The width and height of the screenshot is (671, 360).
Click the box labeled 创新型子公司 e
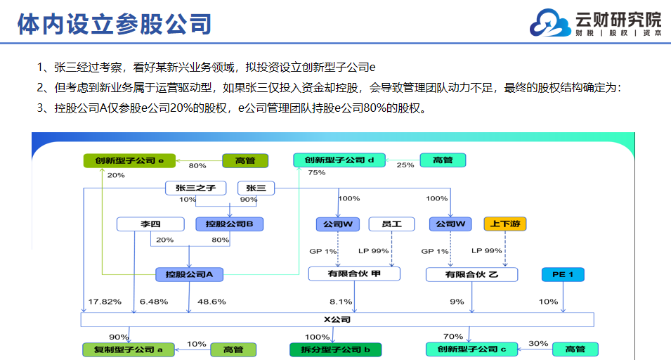pos(129,160)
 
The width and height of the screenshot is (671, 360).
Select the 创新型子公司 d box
pos(339,160)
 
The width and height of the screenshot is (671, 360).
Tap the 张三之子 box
pos(195,188)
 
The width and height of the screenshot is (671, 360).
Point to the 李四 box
pos(150,224)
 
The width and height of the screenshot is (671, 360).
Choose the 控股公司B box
pos(229,224)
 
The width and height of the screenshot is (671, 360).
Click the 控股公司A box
pos(189,274)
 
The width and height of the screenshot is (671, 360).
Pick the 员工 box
pos(391,224)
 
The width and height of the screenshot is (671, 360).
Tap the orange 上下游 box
pos(505,224)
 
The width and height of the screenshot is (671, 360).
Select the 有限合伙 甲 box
pos(354,274)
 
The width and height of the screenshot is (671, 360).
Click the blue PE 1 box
pos(563,274)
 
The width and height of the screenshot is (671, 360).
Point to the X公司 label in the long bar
pos(337,320)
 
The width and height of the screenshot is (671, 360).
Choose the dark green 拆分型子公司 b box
pos(336,349)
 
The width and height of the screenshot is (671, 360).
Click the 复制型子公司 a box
pos(129,349)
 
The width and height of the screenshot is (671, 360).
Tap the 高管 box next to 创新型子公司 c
pos(575,349)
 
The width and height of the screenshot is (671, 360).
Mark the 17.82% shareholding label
pos(105,302)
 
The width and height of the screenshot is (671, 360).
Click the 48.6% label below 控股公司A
pos(211,302)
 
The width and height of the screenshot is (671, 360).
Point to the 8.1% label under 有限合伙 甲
pos(341,302)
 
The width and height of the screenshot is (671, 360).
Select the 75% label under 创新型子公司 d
pos(317,172)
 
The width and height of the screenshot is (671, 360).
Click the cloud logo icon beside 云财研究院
pos(550,22)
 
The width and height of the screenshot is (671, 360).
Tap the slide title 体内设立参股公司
pos(115,24)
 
